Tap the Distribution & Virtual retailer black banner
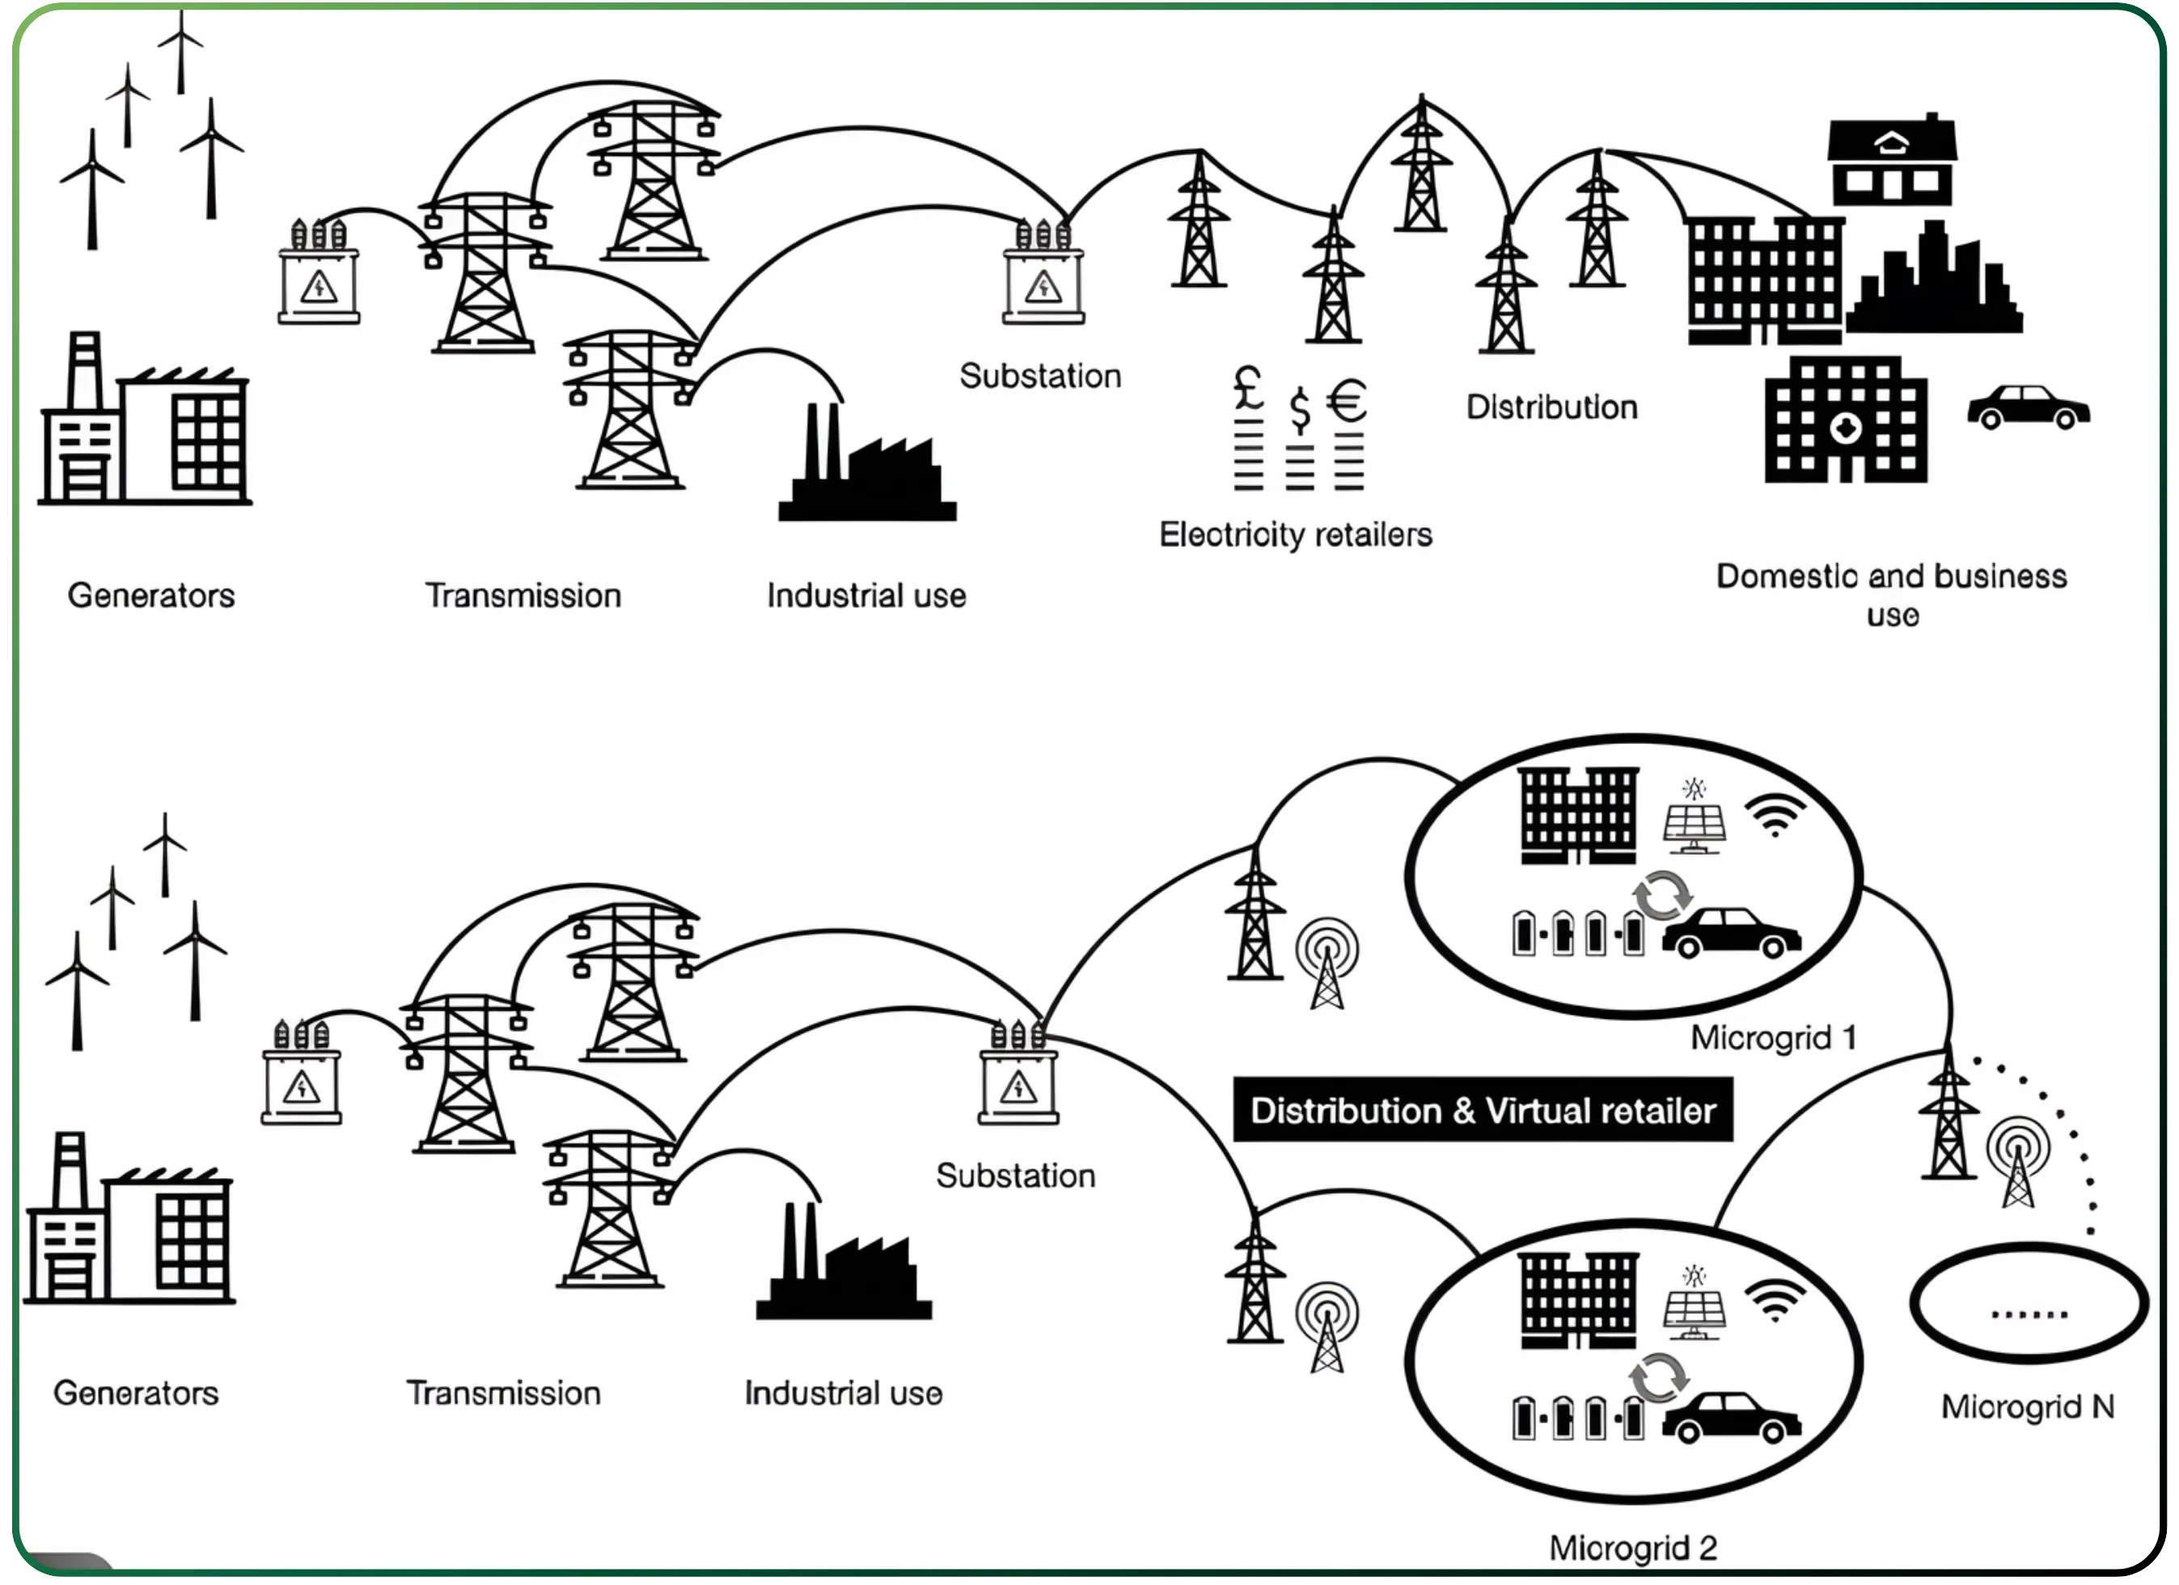[1483, 1110]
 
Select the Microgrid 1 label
[1773, 1038]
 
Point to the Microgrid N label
[2027, 1406]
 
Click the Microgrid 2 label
[1633, 1548]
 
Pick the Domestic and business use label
[1891, 594]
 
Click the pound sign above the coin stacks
[1248, 388]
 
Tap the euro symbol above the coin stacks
[1347, 402]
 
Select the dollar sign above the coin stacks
[1299, 410]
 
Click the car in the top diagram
[2029, 408]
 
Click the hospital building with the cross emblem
[1846, 420]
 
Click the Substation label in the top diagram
[1039, 375]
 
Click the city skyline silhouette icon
[1934, 282]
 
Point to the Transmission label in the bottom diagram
[503, 1393]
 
